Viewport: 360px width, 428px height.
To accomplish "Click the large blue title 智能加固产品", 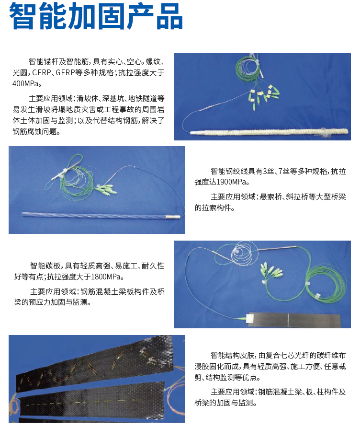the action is (x=96, y=16).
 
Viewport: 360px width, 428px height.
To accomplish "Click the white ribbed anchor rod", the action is (x=269, y=131).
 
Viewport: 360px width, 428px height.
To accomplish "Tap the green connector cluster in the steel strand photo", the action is (x=106, y=189).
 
